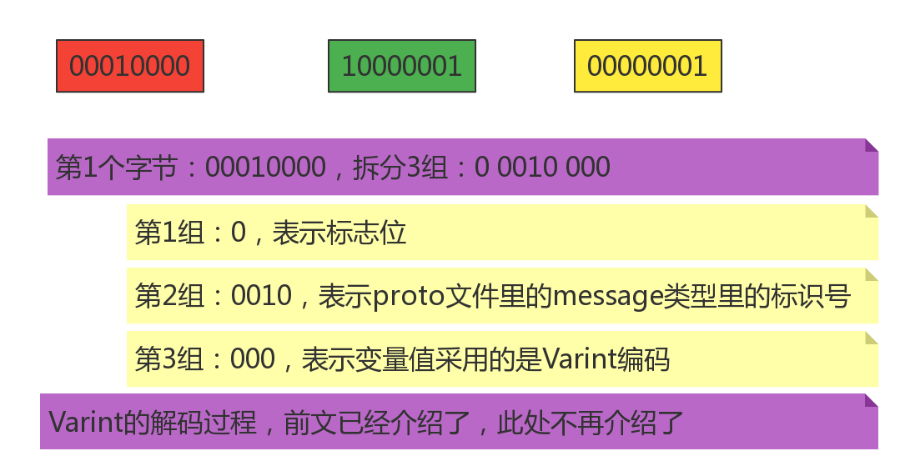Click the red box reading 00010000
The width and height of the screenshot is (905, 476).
[x=130, y=66]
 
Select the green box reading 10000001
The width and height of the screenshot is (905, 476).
[x=401, y=66]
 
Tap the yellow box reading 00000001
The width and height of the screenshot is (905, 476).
[x=647, y=66]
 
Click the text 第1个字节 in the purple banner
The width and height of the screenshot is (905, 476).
[x=116, y=168]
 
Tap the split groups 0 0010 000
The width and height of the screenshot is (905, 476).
[x=542, y=168]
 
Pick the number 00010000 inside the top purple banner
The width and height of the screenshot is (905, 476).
[x=265, y=168]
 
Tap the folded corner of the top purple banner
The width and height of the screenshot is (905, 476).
[x=872, y=145]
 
